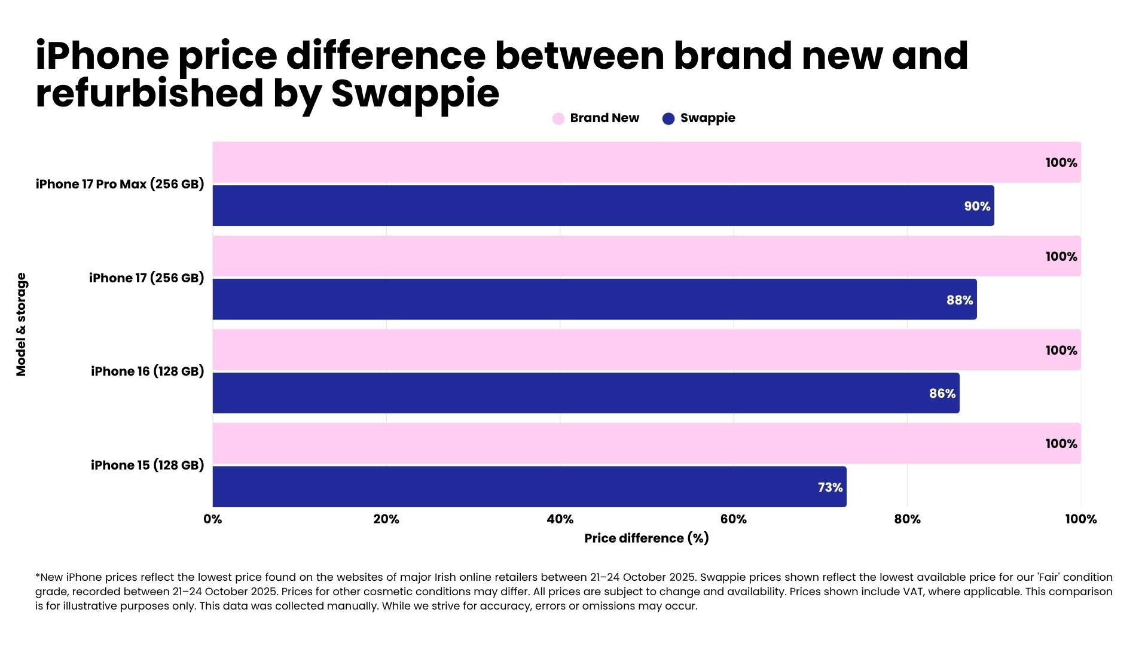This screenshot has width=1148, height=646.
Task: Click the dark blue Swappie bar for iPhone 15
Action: click(x=529, y=487)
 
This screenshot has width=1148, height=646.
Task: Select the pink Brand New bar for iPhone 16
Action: click(x=646, y=350)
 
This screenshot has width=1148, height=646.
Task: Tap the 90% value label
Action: click(x=977, y=206)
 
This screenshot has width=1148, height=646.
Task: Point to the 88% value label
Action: click(x=960, y=300)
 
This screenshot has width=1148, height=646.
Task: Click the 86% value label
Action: click(x=942, y=394)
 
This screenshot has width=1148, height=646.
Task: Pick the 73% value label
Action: click(x=830, y=487)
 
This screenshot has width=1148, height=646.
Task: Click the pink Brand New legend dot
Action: click(x=558, y=118)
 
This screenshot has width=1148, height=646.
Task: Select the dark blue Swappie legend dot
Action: click(x=668, y=118)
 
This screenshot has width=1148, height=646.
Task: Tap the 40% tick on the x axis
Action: click(x=560, y=519)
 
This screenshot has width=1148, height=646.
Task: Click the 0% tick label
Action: click(x=213, y=519)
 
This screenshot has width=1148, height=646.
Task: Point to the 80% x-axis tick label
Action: click(x=907, y=519)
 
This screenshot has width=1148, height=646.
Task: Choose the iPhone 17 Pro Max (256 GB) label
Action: click(x=120, y=184)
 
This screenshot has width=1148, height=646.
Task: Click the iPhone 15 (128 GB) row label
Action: click(x=147, y=465)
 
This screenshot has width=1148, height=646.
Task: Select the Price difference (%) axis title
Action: click(x=646, y=538)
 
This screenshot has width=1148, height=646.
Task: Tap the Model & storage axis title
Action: click(x=22, y=324)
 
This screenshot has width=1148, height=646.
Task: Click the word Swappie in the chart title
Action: click(x=415, y=95)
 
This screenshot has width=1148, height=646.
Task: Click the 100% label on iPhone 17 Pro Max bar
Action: click(x=1061, y=163)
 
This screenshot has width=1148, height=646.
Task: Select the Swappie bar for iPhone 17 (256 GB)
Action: click(x=594, y=299)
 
